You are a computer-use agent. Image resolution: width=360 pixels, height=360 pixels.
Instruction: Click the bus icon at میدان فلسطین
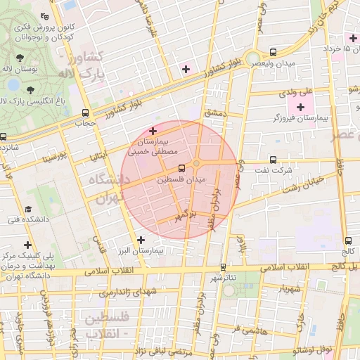(x=183, y=167)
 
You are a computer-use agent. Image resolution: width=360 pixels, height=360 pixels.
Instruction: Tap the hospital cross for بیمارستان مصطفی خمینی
(x=153, y=131)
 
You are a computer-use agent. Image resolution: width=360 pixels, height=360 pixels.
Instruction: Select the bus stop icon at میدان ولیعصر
(x=273, y=52)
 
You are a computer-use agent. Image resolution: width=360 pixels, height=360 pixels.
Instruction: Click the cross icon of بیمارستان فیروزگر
(x=301, y=107)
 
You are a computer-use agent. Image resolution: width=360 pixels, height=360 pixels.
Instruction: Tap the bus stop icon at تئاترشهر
(x=223, y=266)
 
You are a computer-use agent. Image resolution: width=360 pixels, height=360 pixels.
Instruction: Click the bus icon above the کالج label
(x=349, y=241)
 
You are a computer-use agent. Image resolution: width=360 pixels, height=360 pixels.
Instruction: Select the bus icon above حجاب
(x=85, y=112)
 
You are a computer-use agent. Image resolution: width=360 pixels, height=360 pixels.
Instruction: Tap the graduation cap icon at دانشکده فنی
(x=28, y=210)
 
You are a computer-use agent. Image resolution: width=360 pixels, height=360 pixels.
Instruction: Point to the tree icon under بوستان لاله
(x=31, y=88)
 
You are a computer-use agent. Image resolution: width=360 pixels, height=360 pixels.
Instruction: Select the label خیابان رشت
(x=302, y=185)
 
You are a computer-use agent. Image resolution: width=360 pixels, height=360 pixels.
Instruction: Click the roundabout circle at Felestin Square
(x=197, y=163)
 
